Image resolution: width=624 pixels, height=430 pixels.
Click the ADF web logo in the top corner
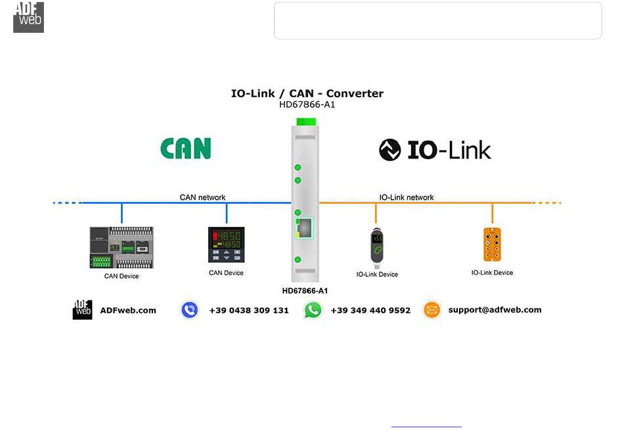pyautogui.click(x=29, y=18)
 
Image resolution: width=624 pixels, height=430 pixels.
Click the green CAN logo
pyautogui.click(x=185, y=149)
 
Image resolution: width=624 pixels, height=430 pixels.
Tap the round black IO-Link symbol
pyautogui.click(x=390, y=150)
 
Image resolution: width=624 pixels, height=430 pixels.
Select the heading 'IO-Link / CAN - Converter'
pyautogui.click(x=307, y=93)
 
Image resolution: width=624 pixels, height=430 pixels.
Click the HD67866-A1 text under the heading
pyautogui.click(x=307, y=105)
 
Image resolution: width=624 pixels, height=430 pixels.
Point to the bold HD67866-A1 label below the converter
pyautogui.click(x=305, y=291)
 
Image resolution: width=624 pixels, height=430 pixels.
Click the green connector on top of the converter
pyautogui.click(x=306, y=122)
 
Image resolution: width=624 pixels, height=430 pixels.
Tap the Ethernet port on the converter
pyautogui.click(x=304, y=228)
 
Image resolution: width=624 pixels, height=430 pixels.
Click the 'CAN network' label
pyautogui.click(x=202, y=197)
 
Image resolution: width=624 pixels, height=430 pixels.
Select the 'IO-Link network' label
pyautogui.click(x=407, y=197)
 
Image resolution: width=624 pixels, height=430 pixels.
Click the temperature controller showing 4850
pyautogui.click(x=226, y=245)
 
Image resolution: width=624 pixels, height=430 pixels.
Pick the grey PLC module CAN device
pyautogui.click(x=122, y=247)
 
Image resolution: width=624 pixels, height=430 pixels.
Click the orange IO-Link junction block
pyautogui.click(x=492, y=245)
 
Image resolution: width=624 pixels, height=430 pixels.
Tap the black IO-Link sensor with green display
pyautogui.click(x=376, y=248)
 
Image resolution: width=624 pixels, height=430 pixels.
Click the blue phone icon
pyautogui.click(x=190, y=310)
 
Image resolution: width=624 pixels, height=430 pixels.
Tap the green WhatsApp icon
pyautogui.click(x=313, y=310)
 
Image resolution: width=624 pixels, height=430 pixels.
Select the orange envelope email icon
pyautogui.click(x=432, y=310)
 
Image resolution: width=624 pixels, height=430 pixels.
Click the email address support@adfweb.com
pyautogui.click(x=495, y=310)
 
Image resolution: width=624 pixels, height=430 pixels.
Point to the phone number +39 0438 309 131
pyautogui.click(x=249, y=310)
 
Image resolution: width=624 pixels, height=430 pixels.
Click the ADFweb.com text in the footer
pyautogui.click(x=128, y=310)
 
